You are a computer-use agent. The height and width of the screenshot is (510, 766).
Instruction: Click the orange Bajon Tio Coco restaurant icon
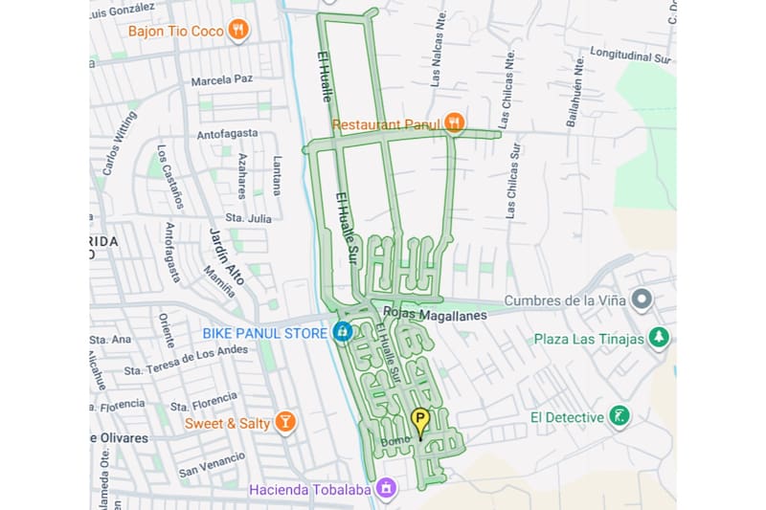pos(238,31)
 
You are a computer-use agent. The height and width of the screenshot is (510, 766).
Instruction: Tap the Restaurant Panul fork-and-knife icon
pos(454,123)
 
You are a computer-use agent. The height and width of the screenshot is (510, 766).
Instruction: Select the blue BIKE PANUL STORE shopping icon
pos(342,333)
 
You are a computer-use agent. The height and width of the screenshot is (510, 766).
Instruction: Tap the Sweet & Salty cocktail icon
pos(284,423)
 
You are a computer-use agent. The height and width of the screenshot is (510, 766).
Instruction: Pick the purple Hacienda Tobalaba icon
pos(385,489)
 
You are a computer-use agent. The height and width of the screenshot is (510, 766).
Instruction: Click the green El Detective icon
pos(620,417)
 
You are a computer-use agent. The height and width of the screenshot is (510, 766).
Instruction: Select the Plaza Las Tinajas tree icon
pos(658,338)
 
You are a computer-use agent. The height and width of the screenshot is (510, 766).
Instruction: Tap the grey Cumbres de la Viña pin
pos(642,300)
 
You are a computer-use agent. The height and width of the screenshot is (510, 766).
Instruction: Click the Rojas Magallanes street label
pos(435,314)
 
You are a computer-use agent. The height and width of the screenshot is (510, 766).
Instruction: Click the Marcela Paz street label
pos(221,81)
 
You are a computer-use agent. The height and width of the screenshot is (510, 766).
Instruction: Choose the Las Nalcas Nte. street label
pos(438,63)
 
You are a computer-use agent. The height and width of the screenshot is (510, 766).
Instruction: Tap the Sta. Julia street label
pos(248,218)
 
